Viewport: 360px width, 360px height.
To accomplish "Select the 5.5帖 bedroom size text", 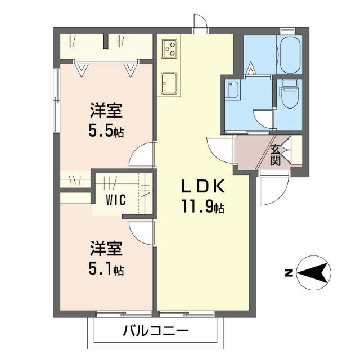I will (x=106, y=132).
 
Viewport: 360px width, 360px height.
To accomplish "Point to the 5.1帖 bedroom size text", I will (x=106, y=270).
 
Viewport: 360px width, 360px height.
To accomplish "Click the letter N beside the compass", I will (x=287, y=274).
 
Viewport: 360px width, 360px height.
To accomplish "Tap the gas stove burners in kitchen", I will (x=170, y=49).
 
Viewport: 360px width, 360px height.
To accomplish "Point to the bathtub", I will (x=291, y=54).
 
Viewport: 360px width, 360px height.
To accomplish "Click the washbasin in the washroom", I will (x=232, y=91).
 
